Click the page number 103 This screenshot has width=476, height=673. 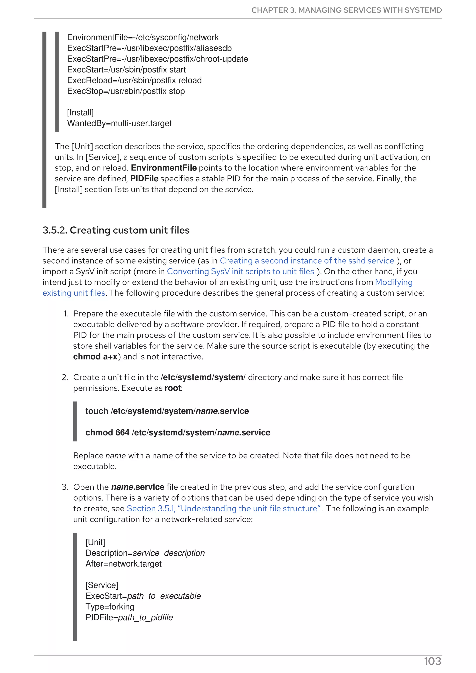[x=432, y=661]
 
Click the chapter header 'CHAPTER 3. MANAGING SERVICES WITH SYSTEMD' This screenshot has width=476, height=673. [x=346, y=10]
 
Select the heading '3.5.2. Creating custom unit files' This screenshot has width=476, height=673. [x=116, y=230]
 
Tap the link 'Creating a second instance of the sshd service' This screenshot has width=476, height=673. [x=307, y=261]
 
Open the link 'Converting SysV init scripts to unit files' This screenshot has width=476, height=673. [x=240, y=271]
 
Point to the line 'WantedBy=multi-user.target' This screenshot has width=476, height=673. [x=119, y=123]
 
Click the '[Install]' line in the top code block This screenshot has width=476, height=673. [x=80, y=113]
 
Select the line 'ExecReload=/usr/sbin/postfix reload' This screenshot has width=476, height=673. [x=134, y=80]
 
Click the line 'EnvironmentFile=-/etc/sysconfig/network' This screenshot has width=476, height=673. [x=143, y=38]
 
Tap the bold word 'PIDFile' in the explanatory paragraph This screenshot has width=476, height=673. [x=144, y=179]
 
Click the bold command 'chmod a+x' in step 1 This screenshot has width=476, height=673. [x=95, y=357]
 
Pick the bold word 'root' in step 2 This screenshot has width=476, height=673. [x=173, y=388]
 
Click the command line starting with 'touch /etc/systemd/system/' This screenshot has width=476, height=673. [x=167, y=411]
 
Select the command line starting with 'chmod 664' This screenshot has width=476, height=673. [x=178, y=432]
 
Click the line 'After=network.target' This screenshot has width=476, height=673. [x=123, y=564]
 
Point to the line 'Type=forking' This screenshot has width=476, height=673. [x=110, y=607]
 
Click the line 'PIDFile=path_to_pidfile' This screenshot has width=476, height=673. [x=129, y=617]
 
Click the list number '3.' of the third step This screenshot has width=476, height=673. [x=65, y=487]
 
